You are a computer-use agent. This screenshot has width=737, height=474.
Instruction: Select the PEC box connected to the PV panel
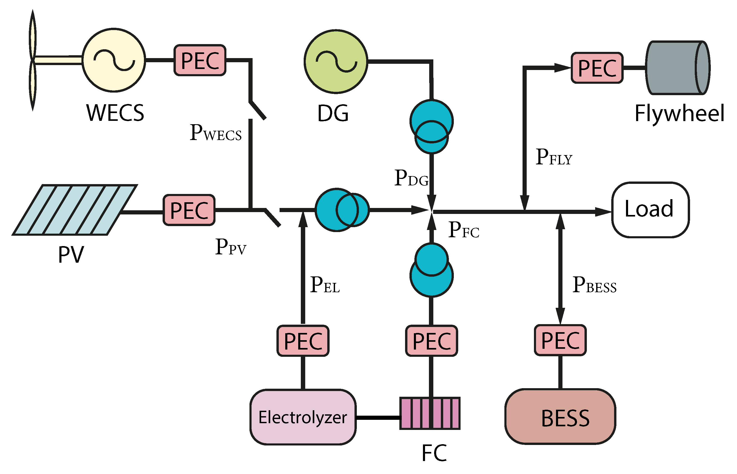[x=189, y=210]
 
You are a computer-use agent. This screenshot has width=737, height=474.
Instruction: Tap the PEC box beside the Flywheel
[x=597, y=68]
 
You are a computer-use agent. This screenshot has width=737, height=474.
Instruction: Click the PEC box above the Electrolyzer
[x=303, y=341]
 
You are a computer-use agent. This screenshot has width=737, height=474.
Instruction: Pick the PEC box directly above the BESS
[x=560, y=340]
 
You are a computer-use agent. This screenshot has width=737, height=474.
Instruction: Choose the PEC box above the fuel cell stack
[x=432, y=341]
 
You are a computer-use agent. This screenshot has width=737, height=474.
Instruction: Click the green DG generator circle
[x=336, y=61]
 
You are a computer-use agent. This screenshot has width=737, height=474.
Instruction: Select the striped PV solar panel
[x=74, y=210]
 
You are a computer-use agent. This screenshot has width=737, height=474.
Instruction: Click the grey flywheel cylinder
[x=677, y=68]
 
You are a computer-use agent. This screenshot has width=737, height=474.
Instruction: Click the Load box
[x=650, y=210]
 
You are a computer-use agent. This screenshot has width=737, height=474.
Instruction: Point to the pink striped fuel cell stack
[x=430, y=413]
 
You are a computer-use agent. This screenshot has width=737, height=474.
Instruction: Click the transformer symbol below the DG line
[x=432, y=126]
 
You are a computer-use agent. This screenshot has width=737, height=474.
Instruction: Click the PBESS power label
[x=594, y=285]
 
